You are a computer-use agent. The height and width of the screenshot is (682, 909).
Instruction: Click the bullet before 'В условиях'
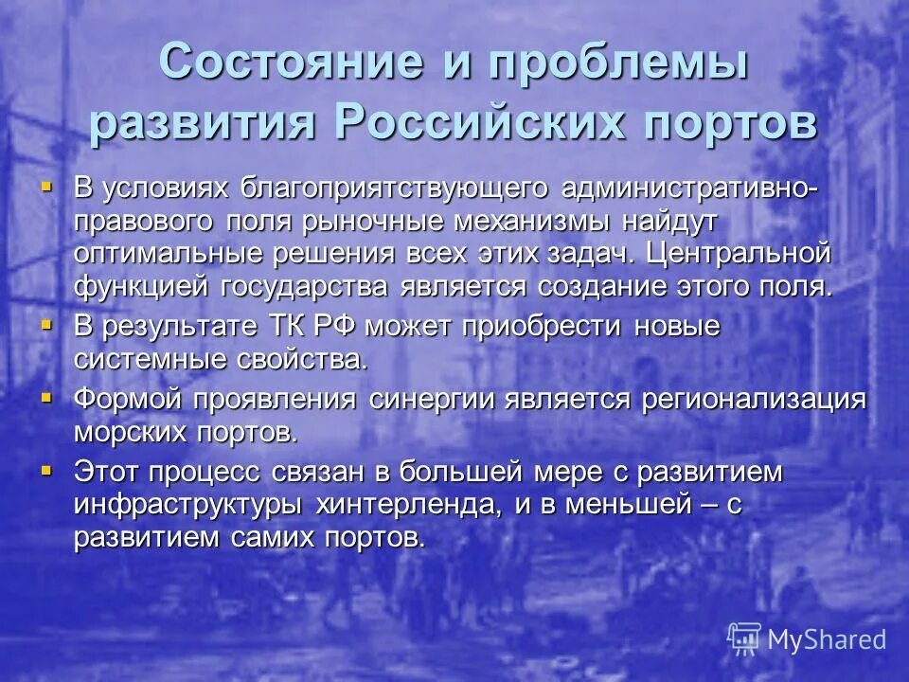tap(47, 185)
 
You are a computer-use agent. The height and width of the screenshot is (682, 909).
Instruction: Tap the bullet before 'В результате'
tap(47, 324)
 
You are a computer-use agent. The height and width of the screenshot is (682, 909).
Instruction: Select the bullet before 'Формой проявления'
tap(47, 396)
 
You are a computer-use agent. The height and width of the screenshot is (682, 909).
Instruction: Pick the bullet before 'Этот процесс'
tap(47, 468)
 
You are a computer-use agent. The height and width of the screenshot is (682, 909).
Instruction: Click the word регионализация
tap(754, 399)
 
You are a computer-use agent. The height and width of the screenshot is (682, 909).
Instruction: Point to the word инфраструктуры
tap(187, 505)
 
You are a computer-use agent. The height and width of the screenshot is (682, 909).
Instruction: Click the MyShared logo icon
tap(744, 638)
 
